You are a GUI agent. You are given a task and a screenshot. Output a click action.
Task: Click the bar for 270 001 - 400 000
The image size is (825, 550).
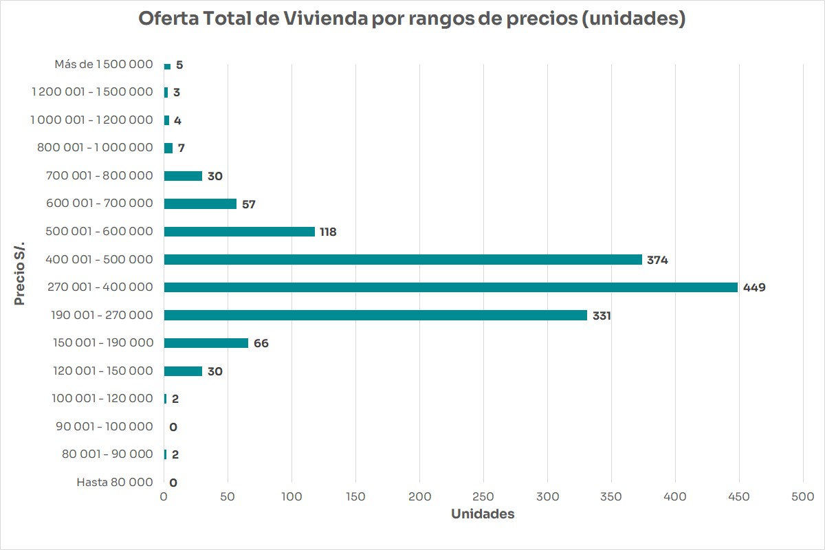[x=450, y=287]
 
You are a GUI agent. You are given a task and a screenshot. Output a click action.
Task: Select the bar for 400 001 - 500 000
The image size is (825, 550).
[x=403, y=260]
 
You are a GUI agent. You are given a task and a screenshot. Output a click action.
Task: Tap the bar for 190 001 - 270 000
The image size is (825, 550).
[x=375, y=316]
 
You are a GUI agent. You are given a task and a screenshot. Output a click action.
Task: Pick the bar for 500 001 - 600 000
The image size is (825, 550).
[x=239, y=232]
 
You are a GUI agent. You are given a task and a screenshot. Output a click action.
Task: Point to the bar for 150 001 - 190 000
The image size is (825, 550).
[x=206, y=343]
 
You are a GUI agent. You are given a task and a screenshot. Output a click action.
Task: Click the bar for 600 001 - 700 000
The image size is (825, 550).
[x=200, y=204]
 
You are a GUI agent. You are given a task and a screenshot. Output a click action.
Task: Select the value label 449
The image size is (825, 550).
[x=754, y=287]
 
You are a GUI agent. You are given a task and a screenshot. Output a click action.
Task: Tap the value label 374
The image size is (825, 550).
[x=657, y=260]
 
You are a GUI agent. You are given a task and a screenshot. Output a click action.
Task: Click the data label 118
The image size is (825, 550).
[x=328, y=232]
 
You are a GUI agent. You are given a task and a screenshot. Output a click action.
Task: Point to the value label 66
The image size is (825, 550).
[x=261, y=343]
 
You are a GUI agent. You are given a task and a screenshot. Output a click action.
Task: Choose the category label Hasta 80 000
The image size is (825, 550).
[x=115, y=482]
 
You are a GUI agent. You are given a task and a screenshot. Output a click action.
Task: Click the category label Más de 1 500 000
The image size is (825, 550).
[x=104, y=64]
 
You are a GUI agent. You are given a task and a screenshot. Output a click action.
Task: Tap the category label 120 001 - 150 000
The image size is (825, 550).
[x=103, y=371]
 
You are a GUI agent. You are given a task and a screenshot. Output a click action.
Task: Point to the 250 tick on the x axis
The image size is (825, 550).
[x=483, y=496]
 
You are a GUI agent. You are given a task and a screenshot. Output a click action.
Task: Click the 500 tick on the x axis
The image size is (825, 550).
[x=803, y=496]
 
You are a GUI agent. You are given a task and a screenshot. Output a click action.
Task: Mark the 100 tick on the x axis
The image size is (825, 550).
[x=291, y=496]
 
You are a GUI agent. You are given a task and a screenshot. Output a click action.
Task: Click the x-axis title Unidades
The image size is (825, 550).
[x=483, y=514]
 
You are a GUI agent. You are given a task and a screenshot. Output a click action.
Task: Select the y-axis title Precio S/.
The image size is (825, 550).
[x=20, y=274]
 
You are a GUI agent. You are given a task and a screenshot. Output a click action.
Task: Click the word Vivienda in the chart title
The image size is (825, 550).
[x=325, y=19]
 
